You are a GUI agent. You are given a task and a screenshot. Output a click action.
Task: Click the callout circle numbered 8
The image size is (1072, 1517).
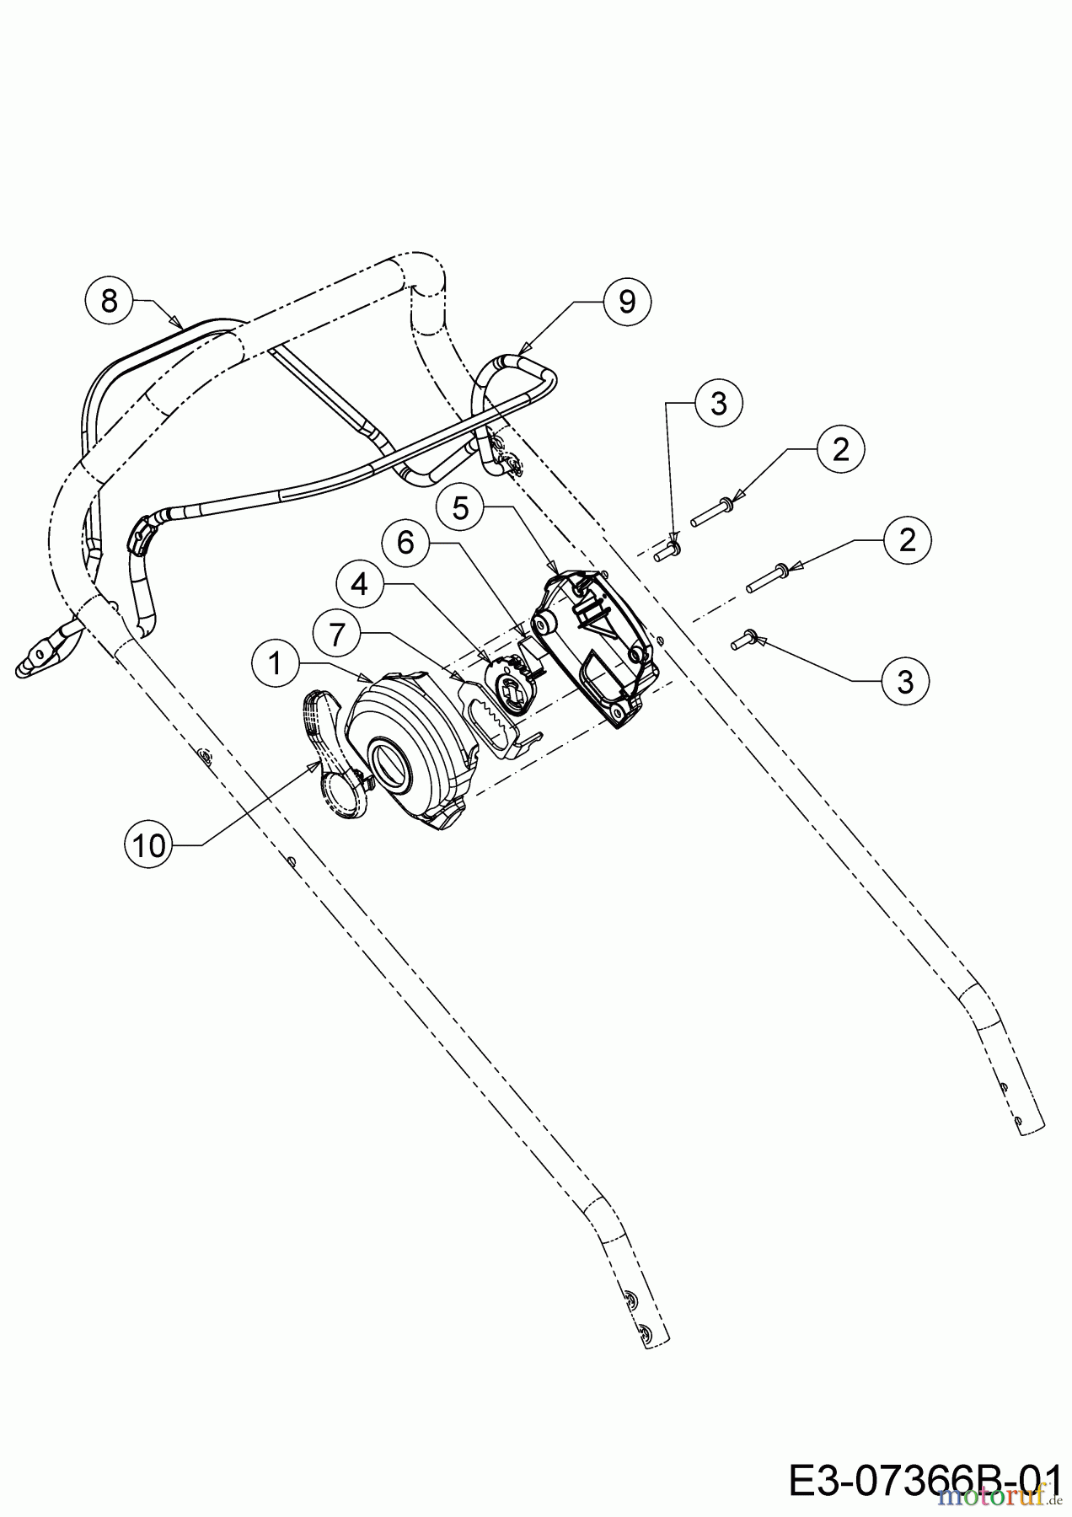click(x=110, y=300)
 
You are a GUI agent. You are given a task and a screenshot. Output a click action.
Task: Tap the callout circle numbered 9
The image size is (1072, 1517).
click(x=627, y=302)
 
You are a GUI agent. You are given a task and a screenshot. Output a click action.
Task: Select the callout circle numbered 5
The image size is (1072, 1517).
click(x=460, y=508)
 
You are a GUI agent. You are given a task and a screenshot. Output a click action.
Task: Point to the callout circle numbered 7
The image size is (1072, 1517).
click(x=337, y=635)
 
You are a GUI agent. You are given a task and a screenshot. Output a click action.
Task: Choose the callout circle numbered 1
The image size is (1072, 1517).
click(x=276, y=663)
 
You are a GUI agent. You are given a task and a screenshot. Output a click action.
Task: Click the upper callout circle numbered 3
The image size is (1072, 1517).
click(x=719, y=404)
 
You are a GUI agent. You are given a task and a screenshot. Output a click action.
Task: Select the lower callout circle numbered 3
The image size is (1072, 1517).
click(x=905, y=681)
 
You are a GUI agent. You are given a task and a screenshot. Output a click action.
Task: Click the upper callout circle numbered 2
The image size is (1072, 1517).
click(x=841, y=450)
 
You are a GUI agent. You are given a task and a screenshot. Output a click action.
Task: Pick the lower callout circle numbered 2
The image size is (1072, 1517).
click(x=907, y=539)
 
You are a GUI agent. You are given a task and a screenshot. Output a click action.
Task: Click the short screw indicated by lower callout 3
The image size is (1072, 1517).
click(x=743, y=642)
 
